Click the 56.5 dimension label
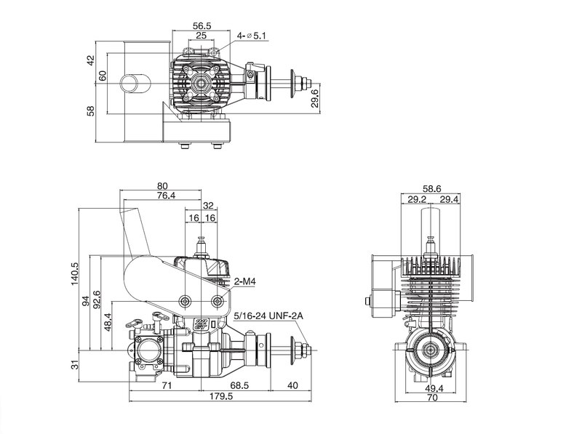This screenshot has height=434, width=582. click(x=202, y=25)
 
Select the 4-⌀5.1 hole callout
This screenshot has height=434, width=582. click(x=252, y=36)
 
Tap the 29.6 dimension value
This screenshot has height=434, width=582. click(x=315, y=98)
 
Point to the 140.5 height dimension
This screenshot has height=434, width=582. click(x=75, y=274)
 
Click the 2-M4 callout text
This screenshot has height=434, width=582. click(x=244, y=281)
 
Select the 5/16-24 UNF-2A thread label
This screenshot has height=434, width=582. click(x=268, y=316)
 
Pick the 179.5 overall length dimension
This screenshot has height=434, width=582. click(x=221, y=396)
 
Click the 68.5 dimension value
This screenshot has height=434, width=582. click(x=239, y=385)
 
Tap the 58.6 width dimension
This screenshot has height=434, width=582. click(x=431, y=189)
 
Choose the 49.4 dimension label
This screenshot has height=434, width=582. click(x=434, y=388)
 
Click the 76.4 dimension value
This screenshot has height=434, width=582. click(x=167, y=195)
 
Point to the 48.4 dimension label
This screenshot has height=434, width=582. click(x=108, y=322)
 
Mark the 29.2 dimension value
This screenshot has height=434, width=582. click(x=417, y=200)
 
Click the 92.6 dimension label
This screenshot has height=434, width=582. click(x=97, y=300)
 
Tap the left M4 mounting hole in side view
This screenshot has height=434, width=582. click(x=185, y=301)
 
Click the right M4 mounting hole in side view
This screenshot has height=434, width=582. click(x=218, y=301)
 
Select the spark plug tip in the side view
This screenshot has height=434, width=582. click(x=202, y=238)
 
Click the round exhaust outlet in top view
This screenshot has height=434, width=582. click(x=135, y=83)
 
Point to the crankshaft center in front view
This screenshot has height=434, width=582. click(x=431, y=349)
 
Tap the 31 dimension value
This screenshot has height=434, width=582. click(x=75, y=365)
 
